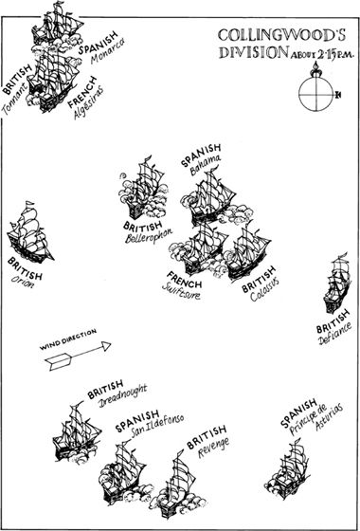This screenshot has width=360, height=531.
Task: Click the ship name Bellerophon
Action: click(149, 235)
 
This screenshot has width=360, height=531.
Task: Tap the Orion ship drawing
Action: click(29, 232)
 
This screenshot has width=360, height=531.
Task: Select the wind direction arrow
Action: click(78, 356)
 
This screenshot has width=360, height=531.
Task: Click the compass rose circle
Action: click(316, 94)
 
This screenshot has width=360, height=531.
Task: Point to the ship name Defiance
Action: click(335, 333)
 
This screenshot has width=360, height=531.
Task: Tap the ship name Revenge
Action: click(213, 448)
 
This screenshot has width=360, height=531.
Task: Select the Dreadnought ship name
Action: click(123, 396)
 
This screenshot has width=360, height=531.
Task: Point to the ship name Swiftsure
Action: click(181, 291)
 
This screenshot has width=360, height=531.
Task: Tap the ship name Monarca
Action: click(108, 51)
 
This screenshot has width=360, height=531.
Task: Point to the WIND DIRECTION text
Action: click(68, 339)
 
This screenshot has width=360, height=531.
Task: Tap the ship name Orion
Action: click(23, 282)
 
